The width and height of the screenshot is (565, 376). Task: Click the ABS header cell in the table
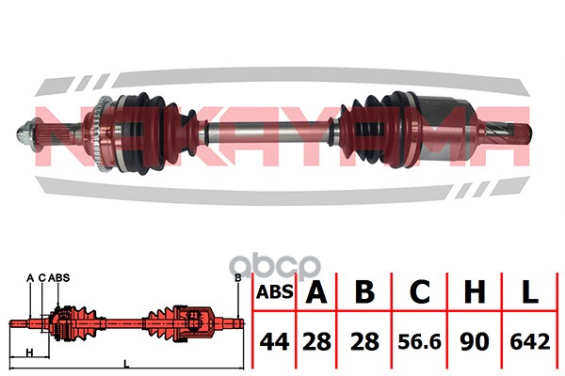coord(275,292)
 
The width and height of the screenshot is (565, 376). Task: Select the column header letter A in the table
coord(316,291)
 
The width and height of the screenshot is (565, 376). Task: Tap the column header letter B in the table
coord(364,291)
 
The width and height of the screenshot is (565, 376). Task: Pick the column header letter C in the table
coord(420,291)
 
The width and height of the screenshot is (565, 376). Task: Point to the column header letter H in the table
coord(475,291)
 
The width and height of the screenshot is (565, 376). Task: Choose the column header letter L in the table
coord(529,291)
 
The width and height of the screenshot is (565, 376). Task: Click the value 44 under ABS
coord(274,342)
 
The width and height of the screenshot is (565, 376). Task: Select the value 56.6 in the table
coord(419,342)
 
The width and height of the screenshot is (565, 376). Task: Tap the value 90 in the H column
coord(475,342)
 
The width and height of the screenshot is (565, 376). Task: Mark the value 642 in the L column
coord(530,342)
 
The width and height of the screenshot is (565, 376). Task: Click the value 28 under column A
coord(316,342)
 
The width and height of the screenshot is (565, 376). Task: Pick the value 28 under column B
coord(364,342)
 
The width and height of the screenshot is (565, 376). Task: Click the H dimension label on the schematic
coord(29,352)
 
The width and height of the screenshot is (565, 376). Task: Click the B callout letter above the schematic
coord(237,278)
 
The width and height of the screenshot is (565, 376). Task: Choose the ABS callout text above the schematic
coord(59,278)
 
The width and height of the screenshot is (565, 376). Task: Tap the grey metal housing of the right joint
coord(446,130)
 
